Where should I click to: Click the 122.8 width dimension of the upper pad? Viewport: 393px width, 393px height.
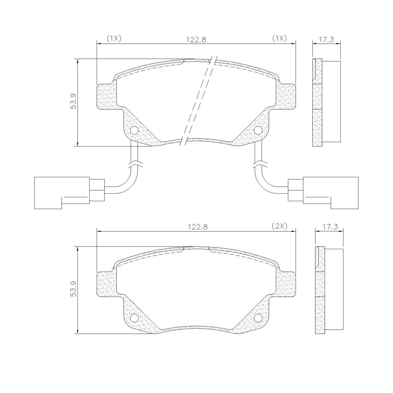tap(196, 40)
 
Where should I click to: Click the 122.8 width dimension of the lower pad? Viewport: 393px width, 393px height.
tap(198, 227)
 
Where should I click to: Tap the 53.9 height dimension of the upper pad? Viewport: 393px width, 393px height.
tap(73, 101)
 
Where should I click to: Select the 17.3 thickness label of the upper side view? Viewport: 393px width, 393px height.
tap(326, 40)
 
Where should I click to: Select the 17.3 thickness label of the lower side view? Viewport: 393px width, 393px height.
tap(330, 227)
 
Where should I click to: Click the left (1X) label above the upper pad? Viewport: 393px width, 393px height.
tap(114, 39)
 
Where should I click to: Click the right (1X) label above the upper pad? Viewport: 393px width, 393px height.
tap(279, 39)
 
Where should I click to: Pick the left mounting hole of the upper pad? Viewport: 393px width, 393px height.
tap(134, 130)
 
